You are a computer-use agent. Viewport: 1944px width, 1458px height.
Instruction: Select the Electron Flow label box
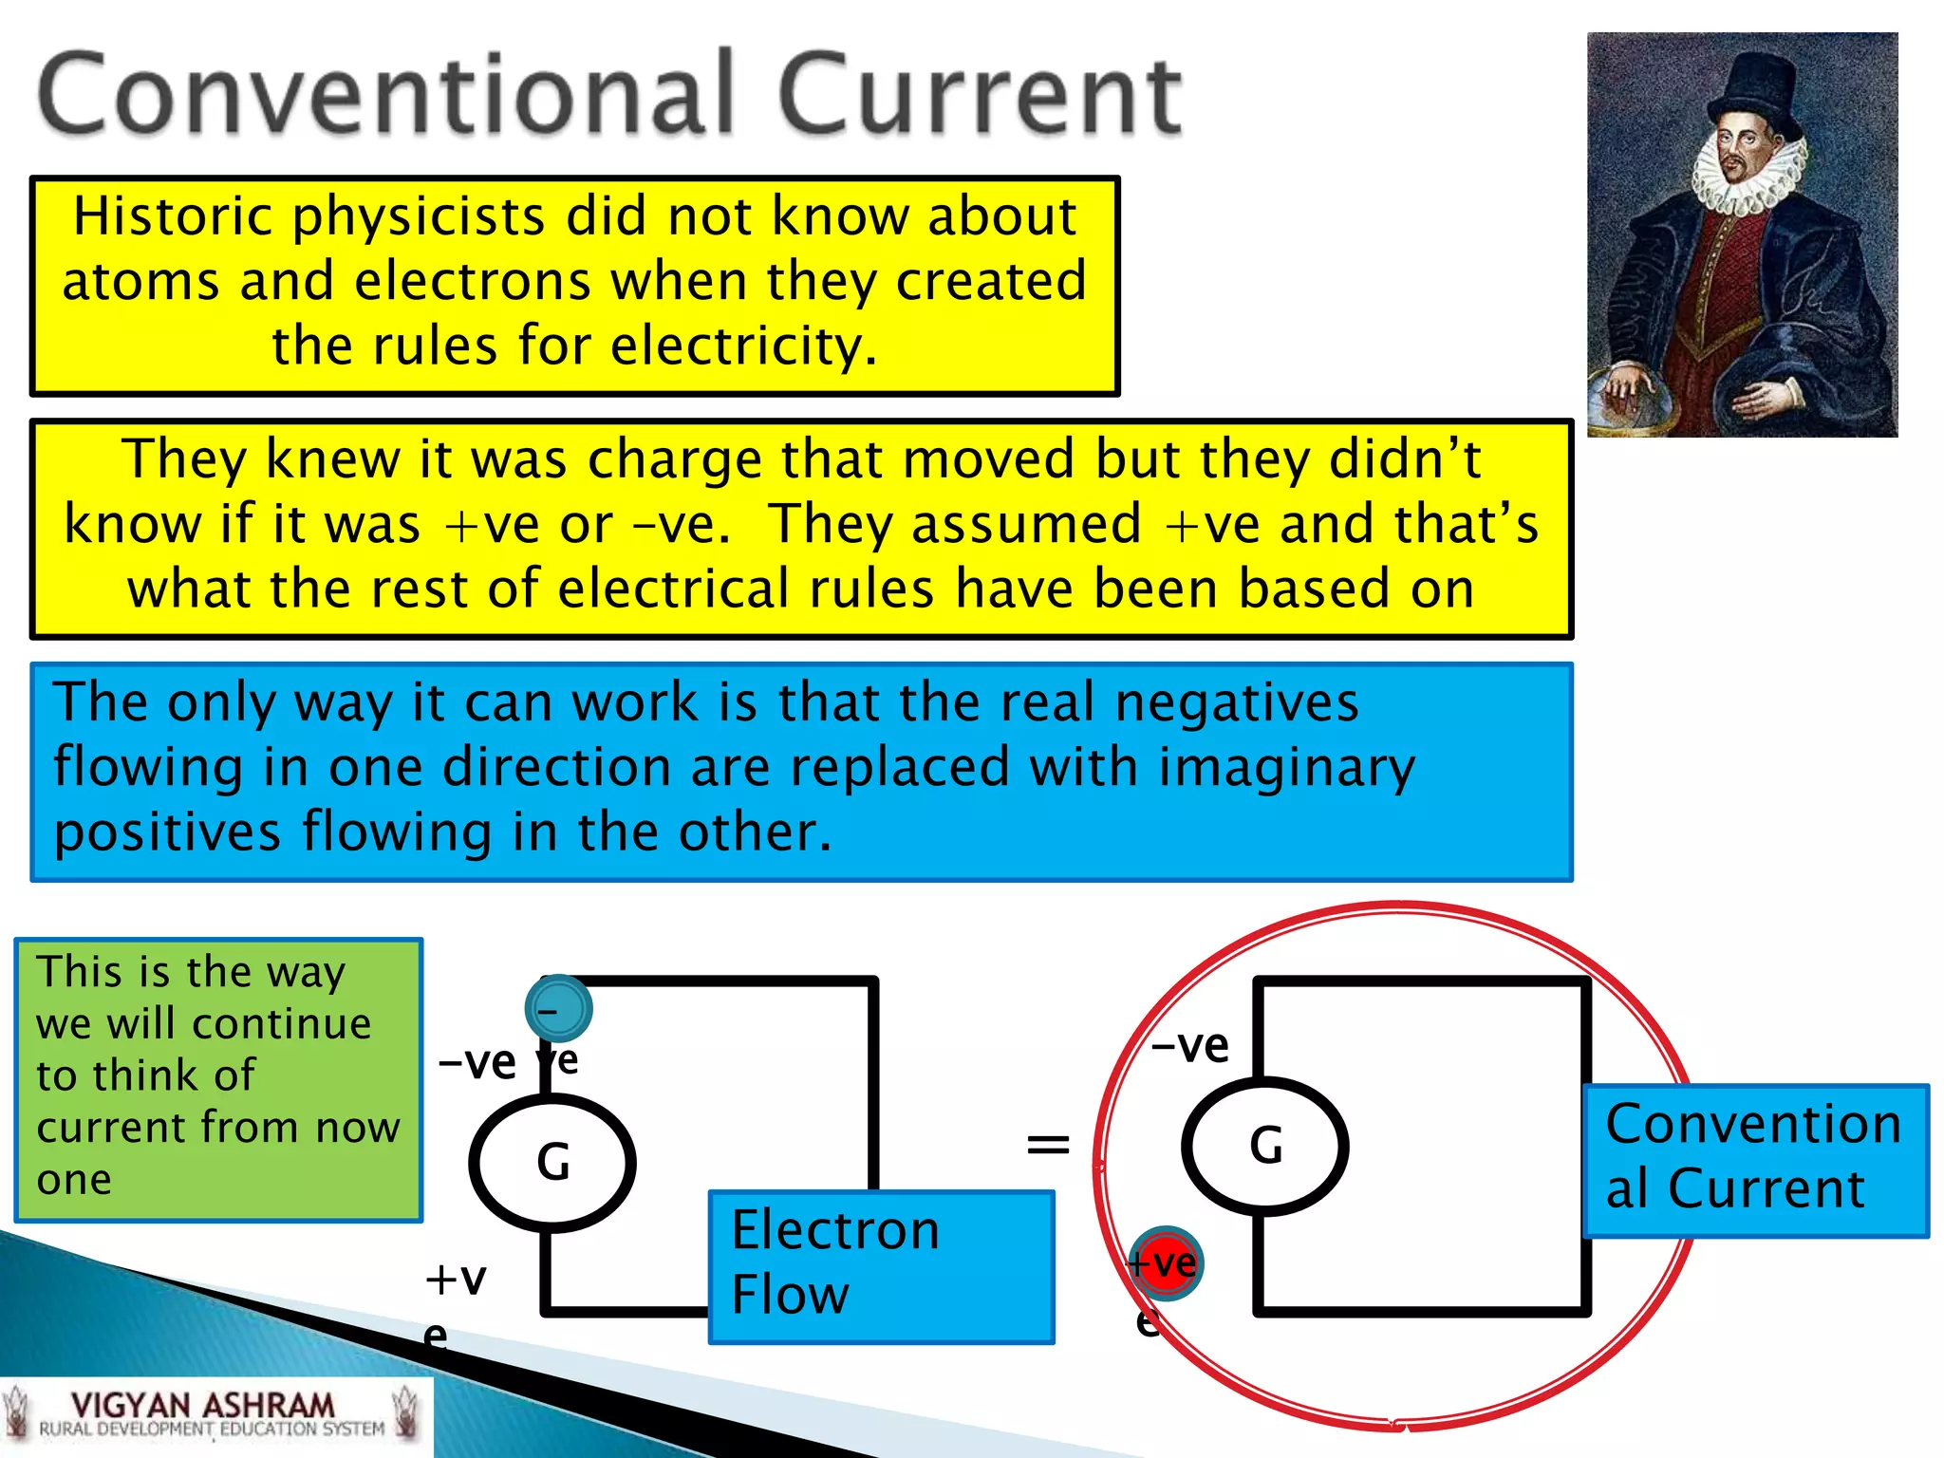click(881, 1266)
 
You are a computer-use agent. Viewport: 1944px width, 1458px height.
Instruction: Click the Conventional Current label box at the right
click(1754, 1160)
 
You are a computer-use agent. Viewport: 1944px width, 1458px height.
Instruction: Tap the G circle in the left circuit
click(552, 1162)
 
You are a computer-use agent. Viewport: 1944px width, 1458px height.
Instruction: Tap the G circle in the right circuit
click(1264, 1146)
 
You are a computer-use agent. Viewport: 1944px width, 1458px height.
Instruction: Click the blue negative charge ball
click(558, 1008)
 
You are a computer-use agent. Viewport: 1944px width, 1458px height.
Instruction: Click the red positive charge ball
click(1166, 1262)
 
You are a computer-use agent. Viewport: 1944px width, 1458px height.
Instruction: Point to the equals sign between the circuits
click(1048, 1145)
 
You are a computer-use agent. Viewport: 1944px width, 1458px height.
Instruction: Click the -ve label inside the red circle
click(1190, 1046)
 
